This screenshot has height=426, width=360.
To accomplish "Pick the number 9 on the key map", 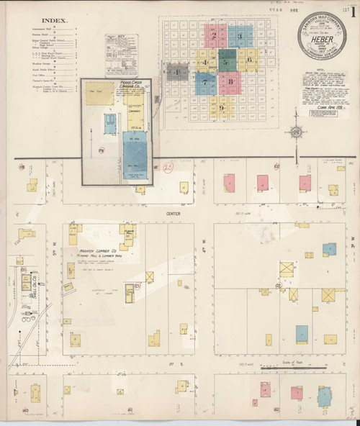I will click(222, 108).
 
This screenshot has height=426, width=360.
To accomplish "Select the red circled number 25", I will click(168, 167).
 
